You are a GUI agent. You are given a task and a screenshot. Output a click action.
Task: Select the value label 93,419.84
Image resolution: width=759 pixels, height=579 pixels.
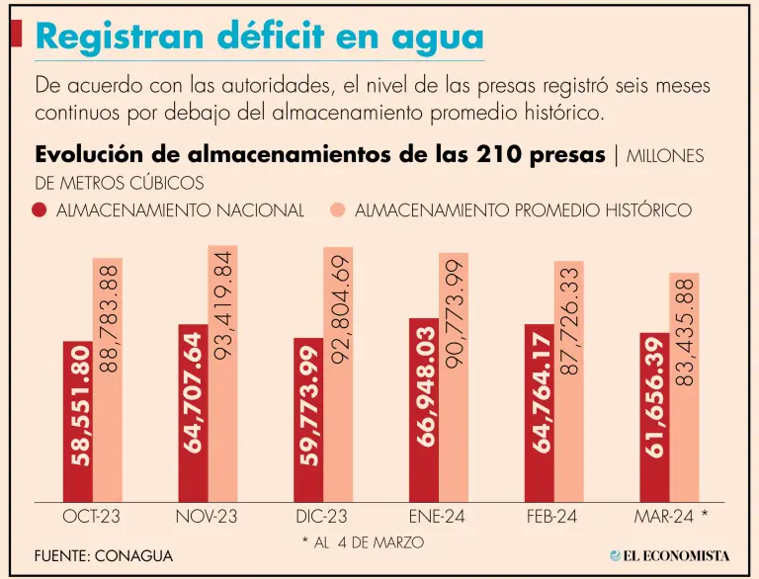click(223, 306)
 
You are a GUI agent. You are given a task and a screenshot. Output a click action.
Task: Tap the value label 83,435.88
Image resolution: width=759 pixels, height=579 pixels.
click(685, 332)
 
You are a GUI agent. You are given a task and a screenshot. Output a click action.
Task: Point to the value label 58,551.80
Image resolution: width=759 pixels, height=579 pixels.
click(79, 406)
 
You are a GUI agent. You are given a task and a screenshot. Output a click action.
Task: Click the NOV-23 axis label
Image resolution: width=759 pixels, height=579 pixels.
click(209, 516)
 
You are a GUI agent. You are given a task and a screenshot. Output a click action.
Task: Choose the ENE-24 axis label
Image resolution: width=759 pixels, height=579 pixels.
click(440, 516)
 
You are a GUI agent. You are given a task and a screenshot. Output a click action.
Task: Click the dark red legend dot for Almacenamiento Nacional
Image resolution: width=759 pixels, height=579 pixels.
click(41, 210)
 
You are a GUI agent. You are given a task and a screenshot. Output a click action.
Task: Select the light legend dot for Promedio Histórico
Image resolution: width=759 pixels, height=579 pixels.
click(338, 210)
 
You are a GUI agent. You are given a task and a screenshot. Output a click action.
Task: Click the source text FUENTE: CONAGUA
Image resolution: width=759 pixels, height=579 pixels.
click(104, 556)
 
